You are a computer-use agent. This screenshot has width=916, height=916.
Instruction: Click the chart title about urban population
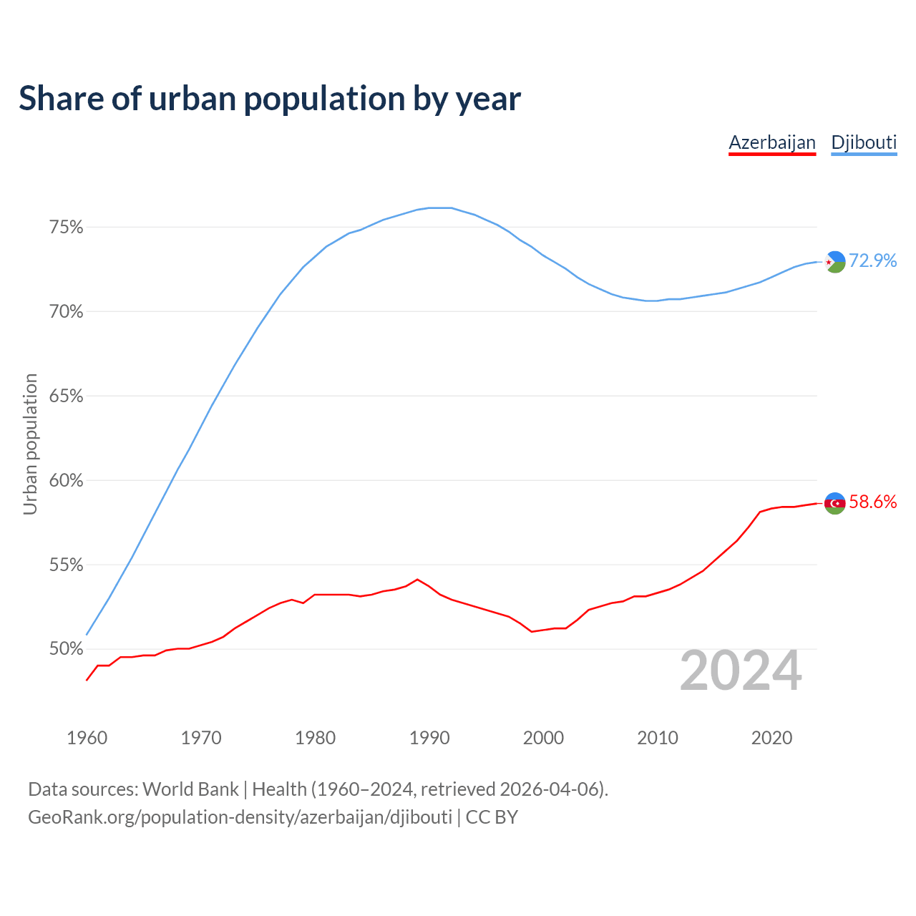tap(270, 99)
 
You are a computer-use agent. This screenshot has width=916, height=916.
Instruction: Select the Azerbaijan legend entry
tap(772, 142)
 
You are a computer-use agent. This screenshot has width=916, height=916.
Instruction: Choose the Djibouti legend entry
tap(864, 142)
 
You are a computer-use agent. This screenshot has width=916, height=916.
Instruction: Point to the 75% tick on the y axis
tap(66, 228)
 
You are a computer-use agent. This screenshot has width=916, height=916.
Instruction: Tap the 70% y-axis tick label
tap(66, 312)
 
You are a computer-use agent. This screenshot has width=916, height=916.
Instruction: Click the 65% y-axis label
tap(66, 396)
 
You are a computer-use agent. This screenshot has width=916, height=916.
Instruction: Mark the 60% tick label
tap(66, 481)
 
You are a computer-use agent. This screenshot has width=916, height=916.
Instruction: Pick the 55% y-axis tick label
tap(66, 565)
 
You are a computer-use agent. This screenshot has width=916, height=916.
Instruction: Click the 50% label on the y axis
tap(66, 650)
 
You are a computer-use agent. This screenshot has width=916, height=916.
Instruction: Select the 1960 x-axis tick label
tap(87, 738)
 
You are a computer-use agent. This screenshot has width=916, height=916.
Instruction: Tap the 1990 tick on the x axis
tap(429, 738)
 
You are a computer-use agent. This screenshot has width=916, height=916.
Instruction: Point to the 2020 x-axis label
tap(771, 738)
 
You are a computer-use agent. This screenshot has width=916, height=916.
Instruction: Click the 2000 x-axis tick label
tap(543, 738)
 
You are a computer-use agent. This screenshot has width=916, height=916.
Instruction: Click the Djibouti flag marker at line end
tap(835, 262)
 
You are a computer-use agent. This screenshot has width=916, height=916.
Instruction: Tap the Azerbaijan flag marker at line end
tap(835, 503)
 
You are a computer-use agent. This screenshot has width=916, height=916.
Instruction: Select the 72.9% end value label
tap(873, 261)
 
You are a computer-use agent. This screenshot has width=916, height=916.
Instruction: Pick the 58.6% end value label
tap(873, 502)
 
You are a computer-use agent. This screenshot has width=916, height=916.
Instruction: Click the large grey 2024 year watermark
tap(741, 671)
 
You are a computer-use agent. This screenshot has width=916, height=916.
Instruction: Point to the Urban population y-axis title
tap(30, 444)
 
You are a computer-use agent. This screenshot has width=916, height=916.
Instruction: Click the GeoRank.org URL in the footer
tap(240, 817)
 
